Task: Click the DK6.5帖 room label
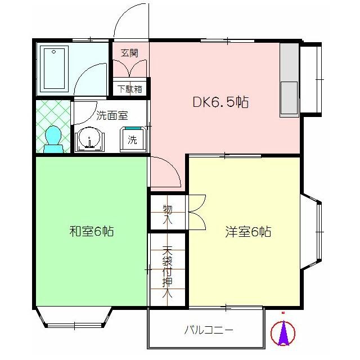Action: point(220,102)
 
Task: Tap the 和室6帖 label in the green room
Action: point(92,231)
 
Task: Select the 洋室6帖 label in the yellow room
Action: point(248,231)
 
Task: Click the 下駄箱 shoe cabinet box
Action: point(130,89)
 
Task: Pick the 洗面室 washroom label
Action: point(112,116)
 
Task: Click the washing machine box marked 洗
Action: point(133,139)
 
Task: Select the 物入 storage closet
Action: point(168,212)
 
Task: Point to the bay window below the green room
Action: point(74,318)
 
